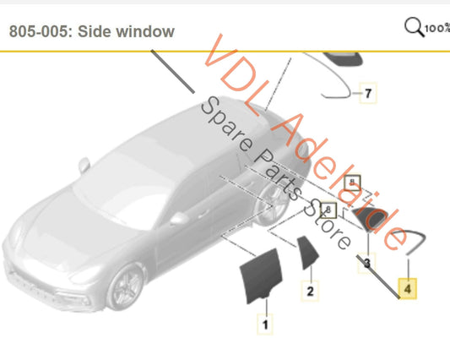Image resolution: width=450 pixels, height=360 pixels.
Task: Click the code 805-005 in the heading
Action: coord(41,32)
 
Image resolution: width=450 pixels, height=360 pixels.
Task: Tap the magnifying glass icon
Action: coord(414,27)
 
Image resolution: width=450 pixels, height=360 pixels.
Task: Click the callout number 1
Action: coord(264,323)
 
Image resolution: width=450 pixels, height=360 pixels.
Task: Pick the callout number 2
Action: coord(310,292)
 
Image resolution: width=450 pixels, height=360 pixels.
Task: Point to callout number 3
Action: coord(366,265)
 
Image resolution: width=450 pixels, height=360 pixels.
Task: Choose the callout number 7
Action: coord(366,93)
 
